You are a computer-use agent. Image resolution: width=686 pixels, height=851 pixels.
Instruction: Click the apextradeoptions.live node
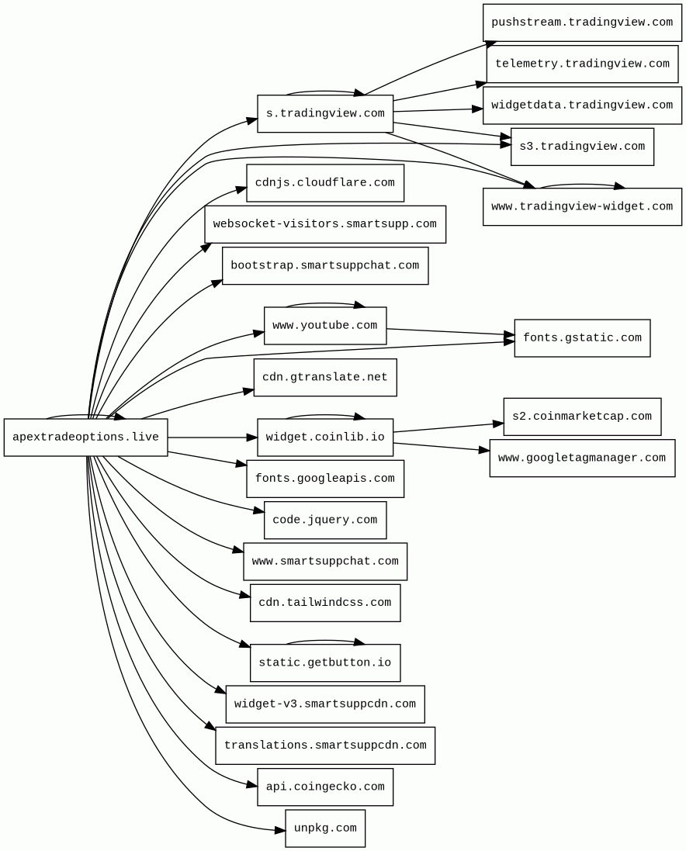(x=85, y=437)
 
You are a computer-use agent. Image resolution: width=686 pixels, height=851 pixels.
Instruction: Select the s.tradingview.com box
(x=325, y=113)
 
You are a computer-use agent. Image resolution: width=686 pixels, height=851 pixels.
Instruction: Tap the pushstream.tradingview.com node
(x=582, y=22)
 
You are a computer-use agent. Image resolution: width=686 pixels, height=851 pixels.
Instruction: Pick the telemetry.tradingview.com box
(x=582, y=64)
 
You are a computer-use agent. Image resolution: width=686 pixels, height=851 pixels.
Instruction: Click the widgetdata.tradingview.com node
(x=582, y=106)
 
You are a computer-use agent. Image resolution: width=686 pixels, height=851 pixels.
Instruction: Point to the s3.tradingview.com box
(x=582, y=147)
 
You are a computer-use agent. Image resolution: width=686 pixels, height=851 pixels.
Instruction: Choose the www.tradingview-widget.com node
(x=582, y=207)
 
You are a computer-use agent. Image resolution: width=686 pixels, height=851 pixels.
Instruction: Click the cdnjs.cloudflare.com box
(x=325, y=183)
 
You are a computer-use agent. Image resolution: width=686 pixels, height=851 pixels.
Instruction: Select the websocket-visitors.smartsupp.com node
(x=325, y=224)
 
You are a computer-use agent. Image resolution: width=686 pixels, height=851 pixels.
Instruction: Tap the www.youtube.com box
(x=325, y=326)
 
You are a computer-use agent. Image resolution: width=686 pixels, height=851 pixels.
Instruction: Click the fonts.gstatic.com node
(x=582, y=338)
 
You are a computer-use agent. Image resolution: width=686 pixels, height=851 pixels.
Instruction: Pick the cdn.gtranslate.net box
(x=325, y=377)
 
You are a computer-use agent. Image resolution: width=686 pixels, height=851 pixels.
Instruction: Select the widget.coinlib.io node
(x=325, y=437)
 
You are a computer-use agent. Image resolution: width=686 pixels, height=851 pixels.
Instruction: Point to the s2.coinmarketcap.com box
(x=582, y=417)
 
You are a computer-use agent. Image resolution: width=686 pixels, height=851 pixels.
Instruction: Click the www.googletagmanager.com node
(x=582, y=458)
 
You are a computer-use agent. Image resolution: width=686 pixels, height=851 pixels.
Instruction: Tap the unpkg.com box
(x=325, y=829)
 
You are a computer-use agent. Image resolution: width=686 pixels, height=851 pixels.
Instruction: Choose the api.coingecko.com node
(x=325, y=787)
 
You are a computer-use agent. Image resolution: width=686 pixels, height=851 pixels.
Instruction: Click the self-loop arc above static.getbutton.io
(x=325, y=641)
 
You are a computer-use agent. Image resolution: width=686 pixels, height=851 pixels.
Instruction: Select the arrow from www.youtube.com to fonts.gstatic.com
(x=451, y=331)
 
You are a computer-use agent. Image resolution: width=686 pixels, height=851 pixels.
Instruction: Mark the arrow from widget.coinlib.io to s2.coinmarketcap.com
(x=449, y=427)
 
